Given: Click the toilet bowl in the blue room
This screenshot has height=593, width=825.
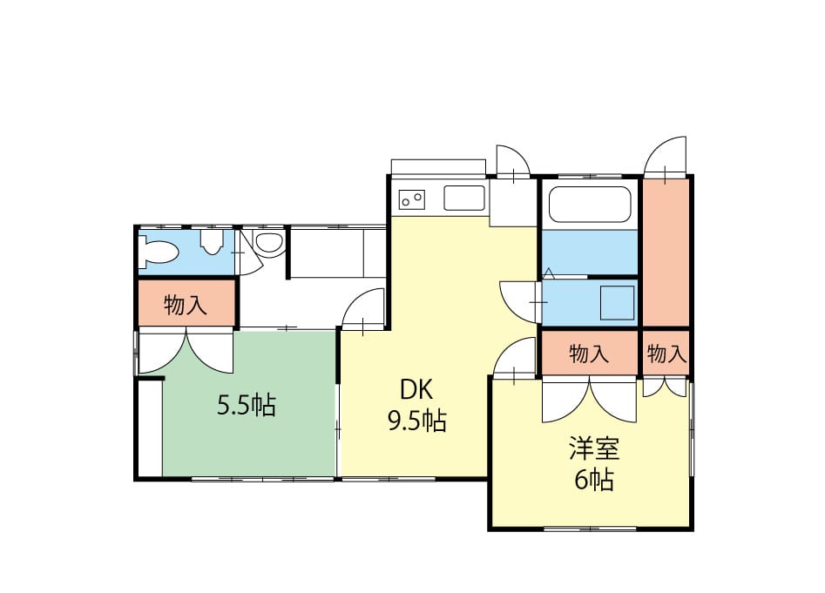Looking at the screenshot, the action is (156, 252).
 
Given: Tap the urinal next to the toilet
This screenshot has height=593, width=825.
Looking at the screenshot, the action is (212, 242).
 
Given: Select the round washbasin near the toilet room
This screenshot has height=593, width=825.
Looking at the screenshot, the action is (268, 243).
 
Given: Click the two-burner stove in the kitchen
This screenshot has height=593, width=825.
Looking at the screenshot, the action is (412, 199).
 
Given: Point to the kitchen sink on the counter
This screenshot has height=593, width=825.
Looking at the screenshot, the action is (464, 199).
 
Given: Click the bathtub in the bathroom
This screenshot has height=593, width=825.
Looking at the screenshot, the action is (590, 205).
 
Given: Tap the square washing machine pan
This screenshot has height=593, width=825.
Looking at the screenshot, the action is (617, 303).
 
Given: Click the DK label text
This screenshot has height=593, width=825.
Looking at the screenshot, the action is (416, 390).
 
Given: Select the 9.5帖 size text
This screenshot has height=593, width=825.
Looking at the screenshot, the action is (417, 421).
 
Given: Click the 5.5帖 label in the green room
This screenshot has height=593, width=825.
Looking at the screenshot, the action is (247, 405).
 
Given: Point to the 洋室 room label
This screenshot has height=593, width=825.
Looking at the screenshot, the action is (594, 448).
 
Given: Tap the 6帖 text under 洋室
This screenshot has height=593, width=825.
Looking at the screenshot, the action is (594, 479).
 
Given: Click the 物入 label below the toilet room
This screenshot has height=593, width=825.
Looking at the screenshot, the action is (186, 305).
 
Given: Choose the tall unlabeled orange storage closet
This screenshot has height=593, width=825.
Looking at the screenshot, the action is (666, 253).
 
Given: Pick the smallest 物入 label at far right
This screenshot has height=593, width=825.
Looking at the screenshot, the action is (666, 354).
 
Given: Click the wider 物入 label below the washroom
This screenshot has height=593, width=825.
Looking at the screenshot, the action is (589, 354).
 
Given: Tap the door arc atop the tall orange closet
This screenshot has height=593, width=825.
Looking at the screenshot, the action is (666, 157).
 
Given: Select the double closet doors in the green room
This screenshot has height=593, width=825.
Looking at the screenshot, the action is (186, 351).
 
